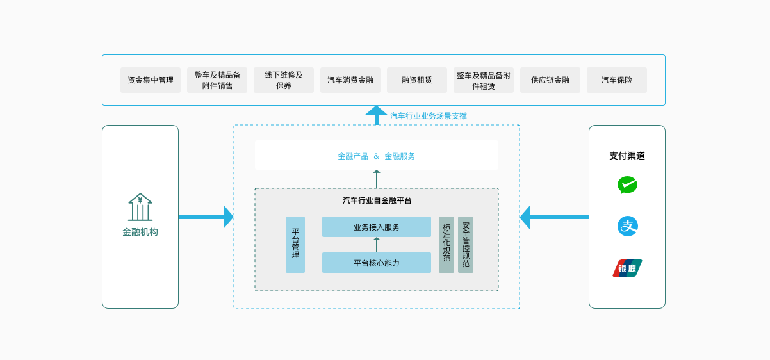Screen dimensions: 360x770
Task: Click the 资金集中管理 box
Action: click(151, 80)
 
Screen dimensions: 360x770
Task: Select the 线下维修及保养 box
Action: click(284, 80)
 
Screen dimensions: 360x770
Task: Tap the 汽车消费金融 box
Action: click(350, 80)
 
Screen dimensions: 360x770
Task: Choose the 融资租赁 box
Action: click(417, 80)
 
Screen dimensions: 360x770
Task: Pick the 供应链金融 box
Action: click(550, 80)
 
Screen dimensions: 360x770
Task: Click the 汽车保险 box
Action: click(617, 80)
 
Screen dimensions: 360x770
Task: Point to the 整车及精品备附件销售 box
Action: click(217, 80)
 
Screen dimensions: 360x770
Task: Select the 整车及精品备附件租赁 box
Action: click(484, 80)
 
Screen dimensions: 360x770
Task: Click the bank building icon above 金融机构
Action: click(140, 207)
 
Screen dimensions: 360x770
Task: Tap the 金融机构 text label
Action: click(140, 232)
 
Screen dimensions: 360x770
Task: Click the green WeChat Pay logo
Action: click(627, 185)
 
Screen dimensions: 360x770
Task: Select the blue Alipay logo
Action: click(627, 226)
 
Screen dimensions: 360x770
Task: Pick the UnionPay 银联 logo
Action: click(627, 268)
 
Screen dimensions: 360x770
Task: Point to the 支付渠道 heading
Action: click(627, 156)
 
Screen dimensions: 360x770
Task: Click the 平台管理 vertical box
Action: click(295, 245)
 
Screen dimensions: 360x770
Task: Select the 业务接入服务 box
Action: click(377, 227)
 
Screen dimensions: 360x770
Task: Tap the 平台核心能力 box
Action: click(377, 263)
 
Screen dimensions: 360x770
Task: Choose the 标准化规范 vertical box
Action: click(446, 245)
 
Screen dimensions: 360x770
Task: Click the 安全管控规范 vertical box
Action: click(466, 245)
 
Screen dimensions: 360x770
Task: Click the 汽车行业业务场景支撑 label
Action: click(429, 116)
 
